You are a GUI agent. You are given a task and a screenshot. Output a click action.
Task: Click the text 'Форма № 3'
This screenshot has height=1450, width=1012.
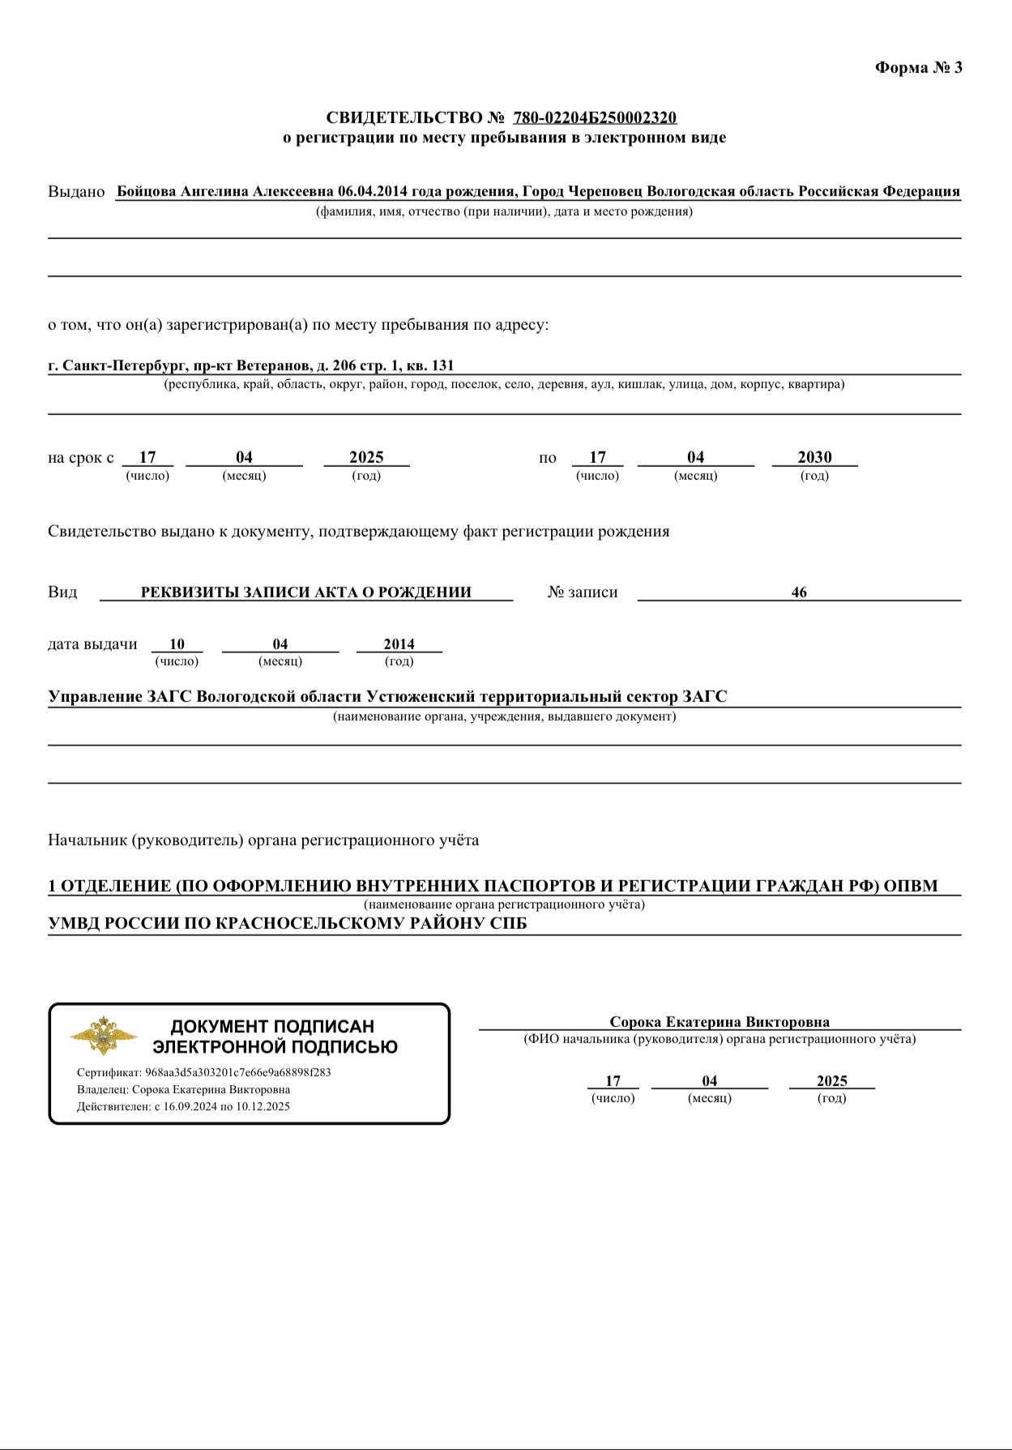click(918, 67)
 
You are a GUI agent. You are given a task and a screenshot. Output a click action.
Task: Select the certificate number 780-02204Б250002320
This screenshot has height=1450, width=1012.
click(595, 118)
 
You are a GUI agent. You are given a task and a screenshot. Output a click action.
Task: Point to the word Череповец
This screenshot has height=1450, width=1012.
click(605, 191)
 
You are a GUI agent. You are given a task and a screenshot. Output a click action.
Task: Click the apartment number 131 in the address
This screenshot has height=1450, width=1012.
click(442, 366)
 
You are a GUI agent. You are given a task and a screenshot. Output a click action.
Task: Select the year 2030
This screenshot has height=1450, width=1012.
click(814, 457)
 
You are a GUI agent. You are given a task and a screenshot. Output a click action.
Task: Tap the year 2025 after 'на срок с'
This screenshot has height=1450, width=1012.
click(366, 457)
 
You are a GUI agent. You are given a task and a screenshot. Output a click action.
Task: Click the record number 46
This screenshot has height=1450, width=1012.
click(799, 592)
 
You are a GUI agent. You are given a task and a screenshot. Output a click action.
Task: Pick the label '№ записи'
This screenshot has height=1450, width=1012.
click(583, 592)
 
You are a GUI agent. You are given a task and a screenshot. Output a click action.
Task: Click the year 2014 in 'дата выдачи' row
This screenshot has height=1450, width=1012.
click(399, 644)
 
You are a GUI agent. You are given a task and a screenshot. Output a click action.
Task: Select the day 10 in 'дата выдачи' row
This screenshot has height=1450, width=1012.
click(177, 644)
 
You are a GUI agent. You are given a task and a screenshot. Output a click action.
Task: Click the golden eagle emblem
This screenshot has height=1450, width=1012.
click(102, 1035)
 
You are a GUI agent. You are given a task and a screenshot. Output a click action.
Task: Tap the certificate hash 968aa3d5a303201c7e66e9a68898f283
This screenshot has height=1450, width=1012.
click(237, 1072)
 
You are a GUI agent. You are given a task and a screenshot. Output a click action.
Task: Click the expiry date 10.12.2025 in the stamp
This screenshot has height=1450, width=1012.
click(263, 1106)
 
